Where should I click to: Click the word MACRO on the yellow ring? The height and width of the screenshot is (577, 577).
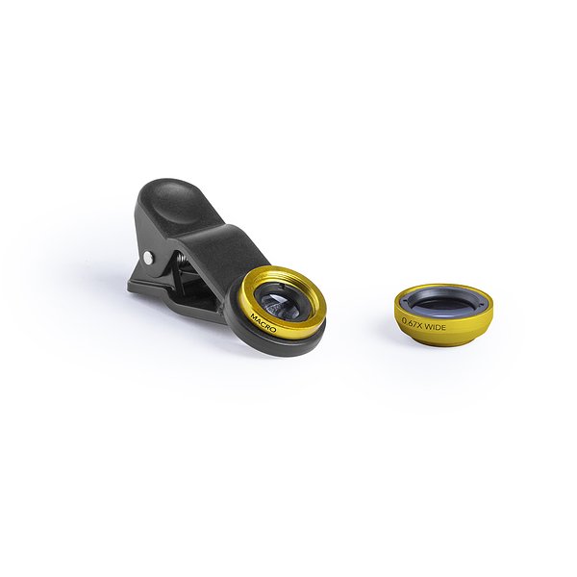[263, 322]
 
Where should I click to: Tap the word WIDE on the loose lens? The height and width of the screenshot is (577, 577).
[436, 326]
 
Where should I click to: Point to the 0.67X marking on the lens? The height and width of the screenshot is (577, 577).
[413, 322]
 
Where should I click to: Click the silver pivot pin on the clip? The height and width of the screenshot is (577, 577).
[149, 257]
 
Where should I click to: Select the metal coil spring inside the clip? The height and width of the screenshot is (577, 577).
[182, 263]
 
